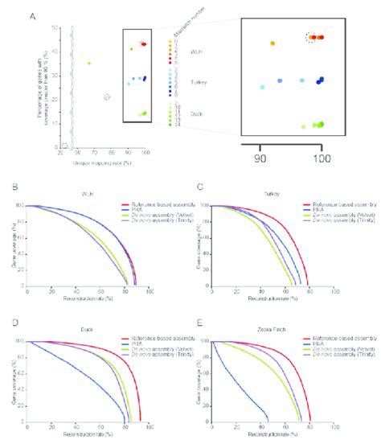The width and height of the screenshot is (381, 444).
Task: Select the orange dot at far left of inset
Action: click(272, 43)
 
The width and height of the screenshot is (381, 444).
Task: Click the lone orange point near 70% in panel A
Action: click(89, 63)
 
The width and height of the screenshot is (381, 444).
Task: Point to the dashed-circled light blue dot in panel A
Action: click(107, 97)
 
